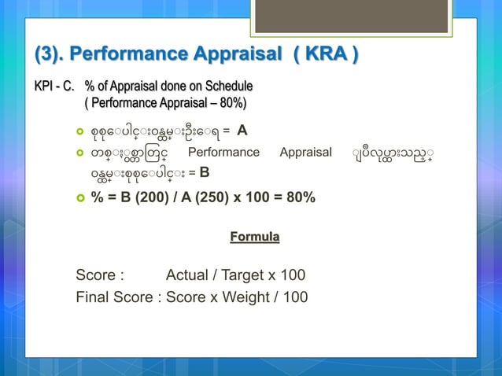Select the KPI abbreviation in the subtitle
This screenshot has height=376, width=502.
(43, 86)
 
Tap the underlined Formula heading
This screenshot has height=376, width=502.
(254, 236)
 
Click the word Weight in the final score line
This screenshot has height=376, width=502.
(249, 297)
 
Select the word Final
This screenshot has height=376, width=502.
(94, 297)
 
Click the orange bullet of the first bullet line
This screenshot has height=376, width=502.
(79, 131)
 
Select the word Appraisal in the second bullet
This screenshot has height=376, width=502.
(306, 152)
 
